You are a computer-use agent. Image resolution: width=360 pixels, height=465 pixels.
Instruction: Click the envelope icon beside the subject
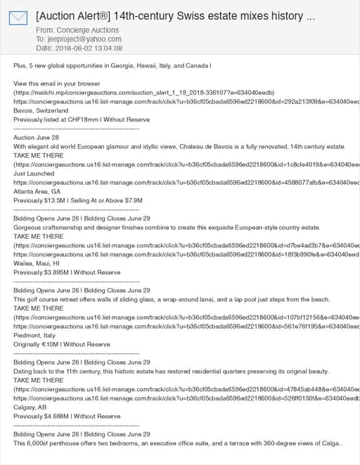[x=18, y=18]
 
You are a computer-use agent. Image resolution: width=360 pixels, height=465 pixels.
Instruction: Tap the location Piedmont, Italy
[x=35, y=335]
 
